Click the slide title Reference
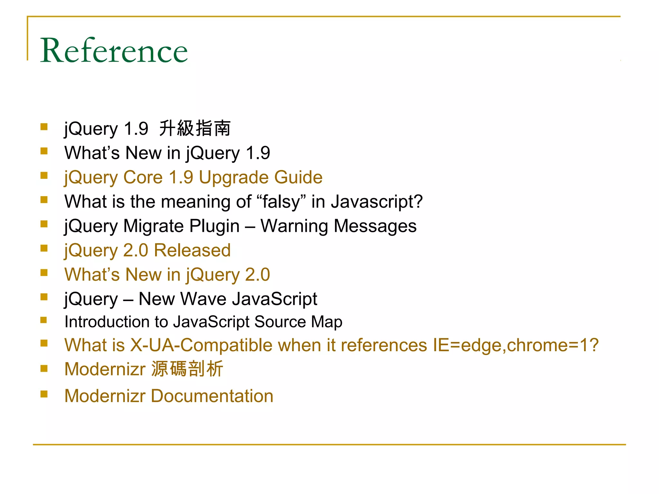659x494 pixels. click(114, 50)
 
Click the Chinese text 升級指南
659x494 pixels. click(195, 128)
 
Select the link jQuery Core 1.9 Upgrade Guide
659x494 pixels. click(193, 177)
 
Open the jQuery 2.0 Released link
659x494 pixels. click(147, 250)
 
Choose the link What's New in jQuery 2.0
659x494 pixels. click(167, 275)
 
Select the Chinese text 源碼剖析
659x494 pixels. click(187, 369)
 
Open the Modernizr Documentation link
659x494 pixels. click(169, 396)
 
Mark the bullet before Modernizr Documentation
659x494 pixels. click(44, 394)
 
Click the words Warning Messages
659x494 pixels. click(339, 226)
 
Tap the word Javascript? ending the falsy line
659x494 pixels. click(377, 202)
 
